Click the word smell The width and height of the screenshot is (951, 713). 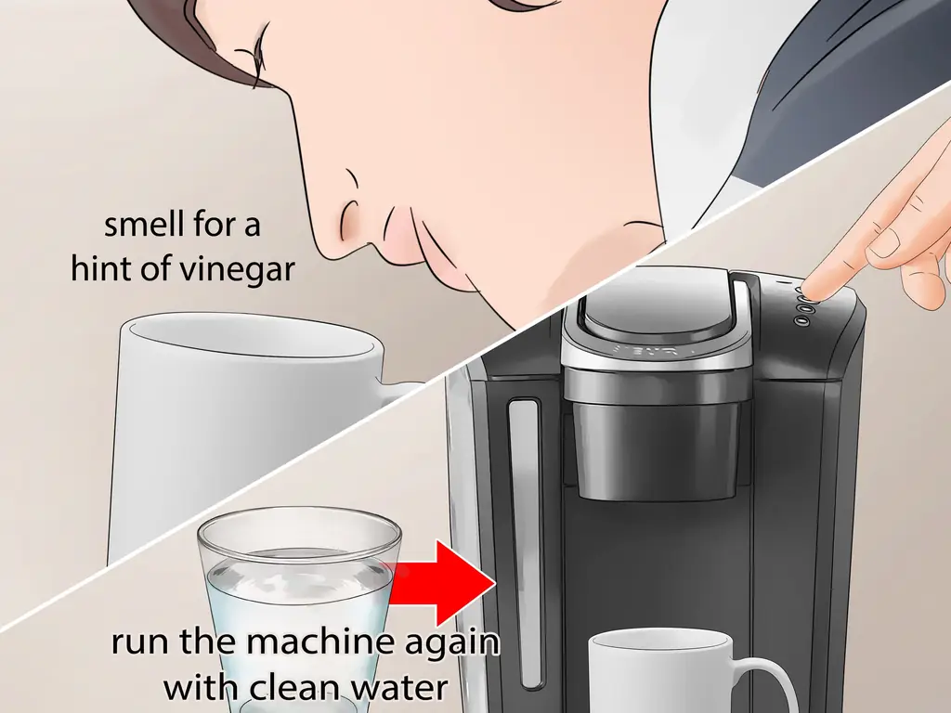(x=143, y=225)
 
